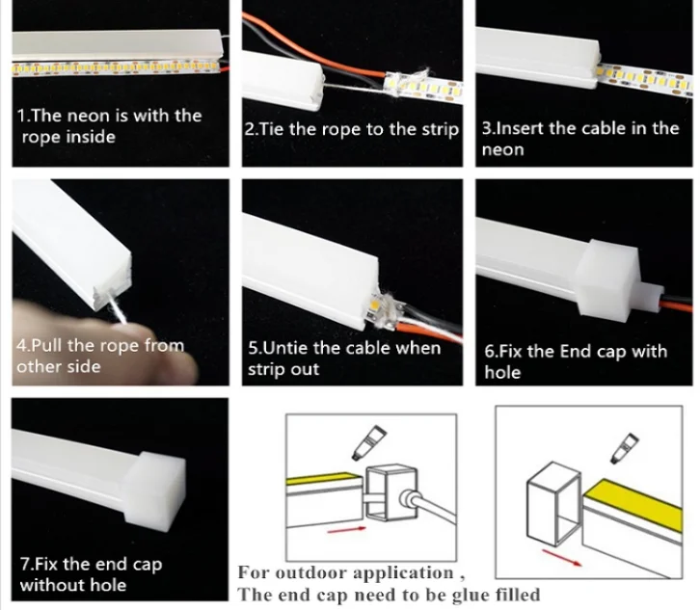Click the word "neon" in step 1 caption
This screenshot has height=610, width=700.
pos(87,116)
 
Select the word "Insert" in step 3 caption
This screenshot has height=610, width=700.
pos(521,128)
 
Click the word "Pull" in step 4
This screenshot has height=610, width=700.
pos(47,345)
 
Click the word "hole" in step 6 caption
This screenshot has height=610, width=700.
pos(502,373)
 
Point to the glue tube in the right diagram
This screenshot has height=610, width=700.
pos(625,447)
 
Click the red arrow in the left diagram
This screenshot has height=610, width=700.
pos(347,530)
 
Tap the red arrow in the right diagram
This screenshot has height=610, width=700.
pos(562,557)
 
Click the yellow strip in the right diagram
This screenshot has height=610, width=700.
pos(633,500)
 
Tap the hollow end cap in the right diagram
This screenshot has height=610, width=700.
pos(554,504)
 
